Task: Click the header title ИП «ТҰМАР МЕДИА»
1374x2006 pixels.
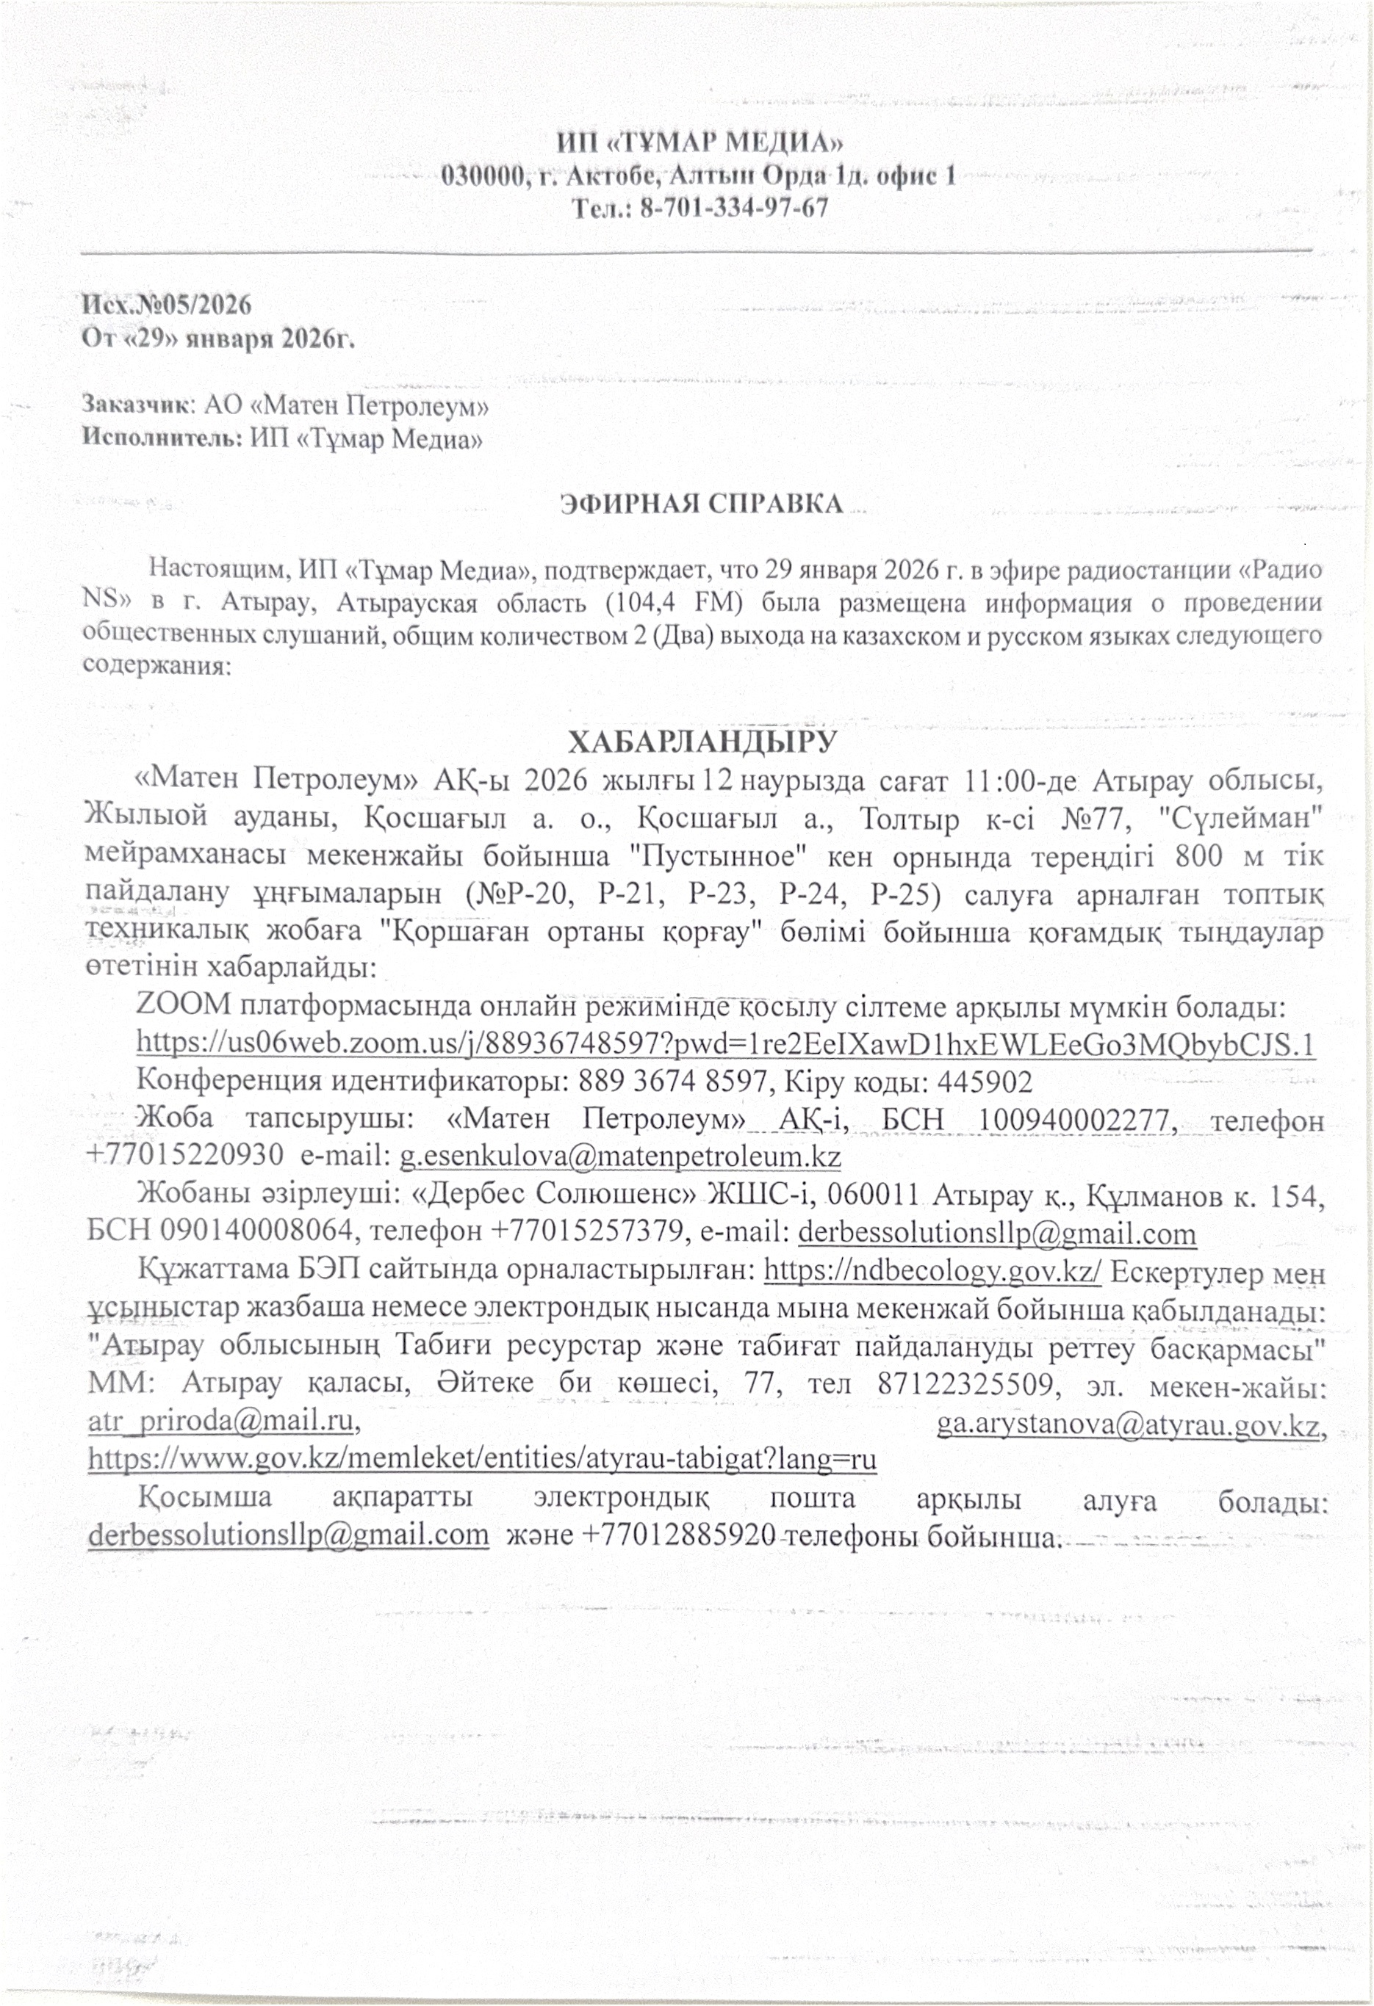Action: pyautogui.click(x=699, y=142)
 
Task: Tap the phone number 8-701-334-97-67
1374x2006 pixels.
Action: pyautogui.click(x=733, y=208)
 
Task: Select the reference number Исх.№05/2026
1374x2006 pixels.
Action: pyautogui.click(x=167, y=304)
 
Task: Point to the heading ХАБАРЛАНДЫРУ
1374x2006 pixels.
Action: pyautogui.click(x=701, y=741)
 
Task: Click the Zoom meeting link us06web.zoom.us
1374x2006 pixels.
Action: pyautogui.click(x=725, y=1043)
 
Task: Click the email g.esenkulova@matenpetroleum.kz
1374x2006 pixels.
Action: pyautogui.click(x=619, y=1156)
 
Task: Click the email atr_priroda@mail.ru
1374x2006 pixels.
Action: pyautogui.click(x=223, y=1422)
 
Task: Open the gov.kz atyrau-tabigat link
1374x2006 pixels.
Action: pyautogui.click(x=482, y=1459)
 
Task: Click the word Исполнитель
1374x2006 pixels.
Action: pyautogui.click(x=162, y=438)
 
